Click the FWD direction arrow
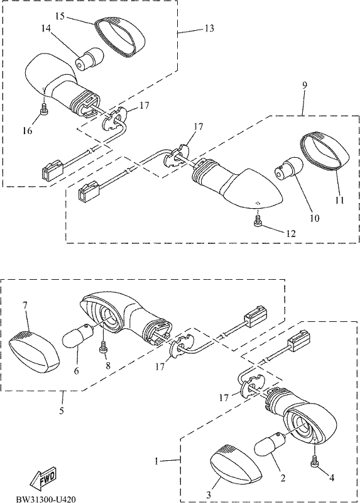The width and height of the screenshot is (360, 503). pos(42,478)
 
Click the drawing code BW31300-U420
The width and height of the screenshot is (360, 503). pos(46,499)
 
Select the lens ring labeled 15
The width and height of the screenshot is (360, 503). pos(120,36)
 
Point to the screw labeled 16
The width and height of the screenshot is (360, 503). pos(44,109)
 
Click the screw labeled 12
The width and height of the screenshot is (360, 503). pos(258,221)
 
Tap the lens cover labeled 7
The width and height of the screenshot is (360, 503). pos(35,351)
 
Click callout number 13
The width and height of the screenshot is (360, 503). pos(209,28)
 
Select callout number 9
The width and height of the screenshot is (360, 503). pos(304,85)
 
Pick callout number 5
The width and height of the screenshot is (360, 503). pos(62,411)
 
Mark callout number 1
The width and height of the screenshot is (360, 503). pos(156,462)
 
